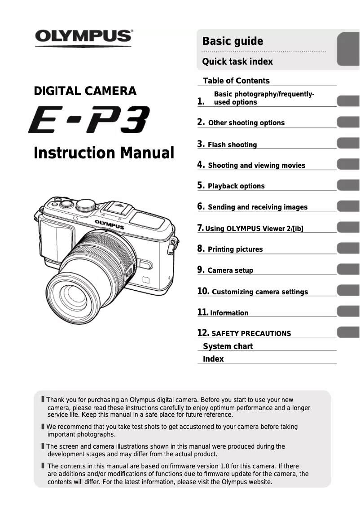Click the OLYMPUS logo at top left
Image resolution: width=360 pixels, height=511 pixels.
[83, 36]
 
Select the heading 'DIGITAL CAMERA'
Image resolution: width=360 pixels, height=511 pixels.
[85, 91]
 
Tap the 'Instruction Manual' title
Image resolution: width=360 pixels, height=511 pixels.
[104, 153]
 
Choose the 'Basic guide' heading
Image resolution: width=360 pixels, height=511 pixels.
[233, 41]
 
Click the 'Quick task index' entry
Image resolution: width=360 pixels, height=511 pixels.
[237, 61]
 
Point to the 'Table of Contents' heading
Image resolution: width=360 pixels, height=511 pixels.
[236, 81]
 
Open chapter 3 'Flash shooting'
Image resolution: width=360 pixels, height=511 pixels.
[232, 144]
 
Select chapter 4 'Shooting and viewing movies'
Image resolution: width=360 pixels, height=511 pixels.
[256, 165]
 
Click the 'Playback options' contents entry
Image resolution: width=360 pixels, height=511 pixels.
[236, 186]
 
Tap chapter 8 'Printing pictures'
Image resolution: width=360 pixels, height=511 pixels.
[235, 249]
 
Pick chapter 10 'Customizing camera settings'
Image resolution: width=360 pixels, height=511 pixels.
[259, 292]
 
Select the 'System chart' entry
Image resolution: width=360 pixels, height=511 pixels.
[228, 346]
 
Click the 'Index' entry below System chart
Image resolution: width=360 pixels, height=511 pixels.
[213, 359]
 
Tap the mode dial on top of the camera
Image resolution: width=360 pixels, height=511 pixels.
[85, 205]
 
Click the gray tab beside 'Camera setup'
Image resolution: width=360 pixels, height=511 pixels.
[348, 270]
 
